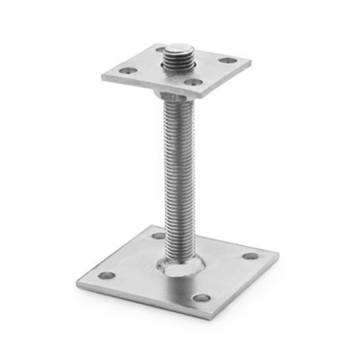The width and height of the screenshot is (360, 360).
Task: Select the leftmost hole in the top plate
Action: point(128,72)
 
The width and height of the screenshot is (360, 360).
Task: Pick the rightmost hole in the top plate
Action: point(227,60)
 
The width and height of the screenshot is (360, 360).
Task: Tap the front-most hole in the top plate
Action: point(193,83)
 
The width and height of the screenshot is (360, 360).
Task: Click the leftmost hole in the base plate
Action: point(106,275)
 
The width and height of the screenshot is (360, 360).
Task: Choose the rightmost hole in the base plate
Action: point(250,256)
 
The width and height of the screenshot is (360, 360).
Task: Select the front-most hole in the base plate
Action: point(202,298)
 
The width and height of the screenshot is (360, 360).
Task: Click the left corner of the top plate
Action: point(103,75)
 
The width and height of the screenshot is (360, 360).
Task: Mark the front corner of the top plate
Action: point(201,95)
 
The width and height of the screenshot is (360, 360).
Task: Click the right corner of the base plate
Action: point(277,253)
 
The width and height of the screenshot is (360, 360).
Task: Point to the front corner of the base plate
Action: point(210,316)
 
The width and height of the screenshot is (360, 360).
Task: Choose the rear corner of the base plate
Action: point(153,226)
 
